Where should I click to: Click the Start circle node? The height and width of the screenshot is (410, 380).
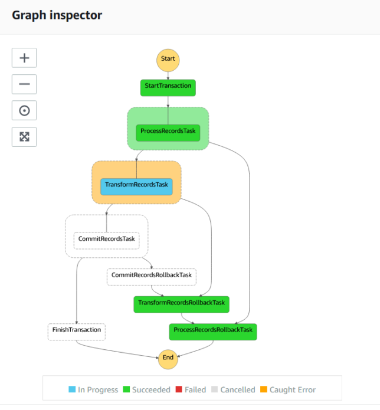pyautogui.click(x=168, y=60)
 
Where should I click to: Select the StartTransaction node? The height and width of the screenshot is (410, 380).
pyautogui.click(x=168, y=88)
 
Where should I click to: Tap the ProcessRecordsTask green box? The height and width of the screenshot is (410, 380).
pyautogui.click(x=168, y=133)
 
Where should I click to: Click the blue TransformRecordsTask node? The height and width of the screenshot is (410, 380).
pyautogui.click(x=136, y=186)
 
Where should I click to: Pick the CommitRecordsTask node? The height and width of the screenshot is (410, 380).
pyautogui.click(x=106, y=241)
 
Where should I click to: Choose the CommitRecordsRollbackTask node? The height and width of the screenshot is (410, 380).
pyautogui.click(x=152, y=277)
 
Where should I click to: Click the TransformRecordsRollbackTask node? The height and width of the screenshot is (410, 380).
pyautogui.click(x=182, y=304)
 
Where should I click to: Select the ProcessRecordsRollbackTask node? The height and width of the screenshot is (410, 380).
pyautogui.click(x=213, y=332)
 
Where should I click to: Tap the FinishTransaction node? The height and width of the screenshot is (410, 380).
pyautogui.click(x=77, y=332)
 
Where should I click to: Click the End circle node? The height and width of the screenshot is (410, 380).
pyautogui.click(x=168, y=359)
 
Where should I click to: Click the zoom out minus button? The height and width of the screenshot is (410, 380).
pyautogui.click(x=24, y=84)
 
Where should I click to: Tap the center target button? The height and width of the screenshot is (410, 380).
pyautogui.click(x=24, y=110)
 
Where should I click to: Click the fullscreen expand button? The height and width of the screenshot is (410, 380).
pyautogui.click(x=24, y=137)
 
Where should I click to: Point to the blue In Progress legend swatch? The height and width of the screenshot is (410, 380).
pyautogui.click(x=72, y=389)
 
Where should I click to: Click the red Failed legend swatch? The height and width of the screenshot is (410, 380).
pyautogui.click(x=179, y=389)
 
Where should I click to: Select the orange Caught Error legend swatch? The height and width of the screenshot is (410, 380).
pyautogui.click(x=264, y=389)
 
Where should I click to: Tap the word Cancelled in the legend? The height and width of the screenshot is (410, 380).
pyautogui.click(x=238, y=390)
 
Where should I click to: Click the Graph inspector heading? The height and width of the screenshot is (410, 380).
pyautogui.click(x=57, y=15)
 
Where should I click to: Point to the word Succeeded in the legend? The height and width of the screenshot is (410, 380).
pyautogui.click(x=151, y=390)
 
